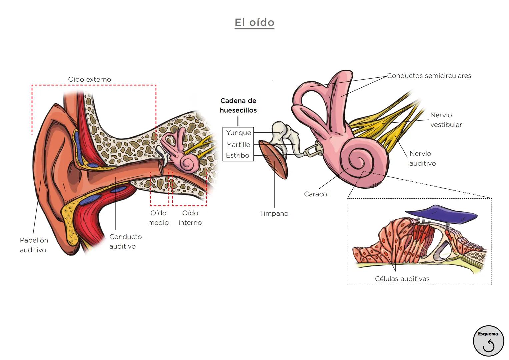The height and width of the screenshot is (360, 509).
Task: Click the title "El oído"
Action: coord(254,23)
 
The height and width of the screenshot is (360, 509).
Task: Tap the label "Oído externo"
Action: coord(89,79)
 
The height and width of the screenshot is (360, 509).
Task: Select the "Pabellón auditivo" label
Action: coord(34,245)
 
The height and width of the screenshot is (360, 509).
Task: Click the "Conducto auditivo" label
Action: coord(125,241)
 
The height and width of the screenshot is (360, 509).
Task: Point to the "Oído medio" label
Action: coord(158,218)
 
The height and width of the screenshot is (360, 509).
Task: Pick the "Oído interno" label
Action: coord(190,218)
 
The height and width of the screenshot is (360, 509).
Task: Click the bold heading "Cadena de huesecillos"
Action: coord(238,105)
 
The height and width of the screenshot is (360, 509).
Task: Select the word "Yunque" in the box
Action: coord(238,133)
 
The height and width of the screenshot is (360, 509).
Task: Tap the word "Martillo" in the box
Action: coord(238,145)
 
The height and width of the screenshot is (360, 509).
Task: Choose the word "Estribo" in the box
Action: coord(237,155)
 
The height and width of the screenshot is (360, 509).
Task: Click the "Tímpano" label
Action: coord(274,213)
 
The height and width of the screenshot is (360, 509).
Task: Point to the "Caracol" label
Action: coord(316,194)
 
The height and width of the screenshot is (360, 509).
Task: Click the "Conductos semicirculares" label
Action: coord(429,76)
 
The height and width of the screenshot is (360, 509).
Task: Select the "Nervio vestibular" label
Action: coord(446,120)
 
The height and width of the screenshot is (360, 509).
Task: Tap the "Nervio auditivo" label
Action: coord(422,159)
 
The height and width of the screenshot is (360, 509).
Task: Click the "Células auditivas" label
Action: coord(402,279)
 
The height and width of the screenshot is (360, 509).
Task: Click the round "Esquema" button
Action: coord(488,341)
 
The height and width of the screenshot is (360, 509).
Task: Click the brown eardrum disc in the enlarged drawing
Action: coord(274,160)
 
